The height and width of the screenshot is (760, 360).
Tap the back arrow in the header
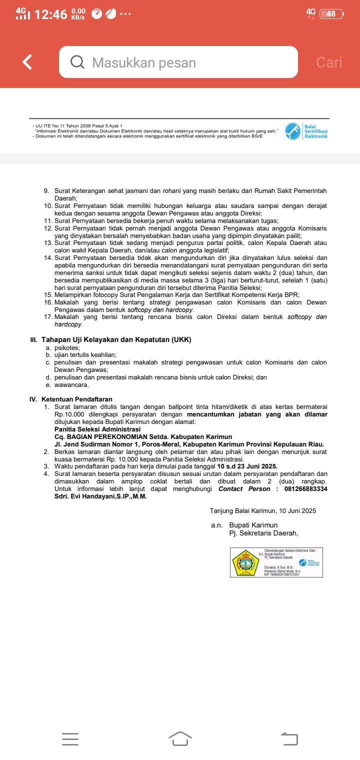[x=28, y=62]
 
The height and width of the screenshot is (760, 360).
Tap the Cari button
[x=329, y=62]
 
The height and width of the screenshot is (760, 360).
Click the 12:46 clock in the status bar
[x=51, y=14]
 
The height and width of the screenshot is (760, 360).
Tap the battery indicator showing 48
[x=331, y=14]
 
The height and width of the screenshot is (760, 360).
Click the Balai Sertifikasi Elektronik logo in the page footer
[x=306, y=131]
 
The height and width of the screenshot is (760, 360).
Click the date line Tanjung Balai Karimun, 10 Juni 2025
[x=263, y=510]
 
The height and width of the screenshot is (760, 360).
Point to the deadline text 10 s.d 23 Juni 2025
[x=247, y=466]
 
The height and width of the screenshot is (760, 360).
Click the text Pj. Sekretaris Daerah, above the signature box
[x=263, y=532]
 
